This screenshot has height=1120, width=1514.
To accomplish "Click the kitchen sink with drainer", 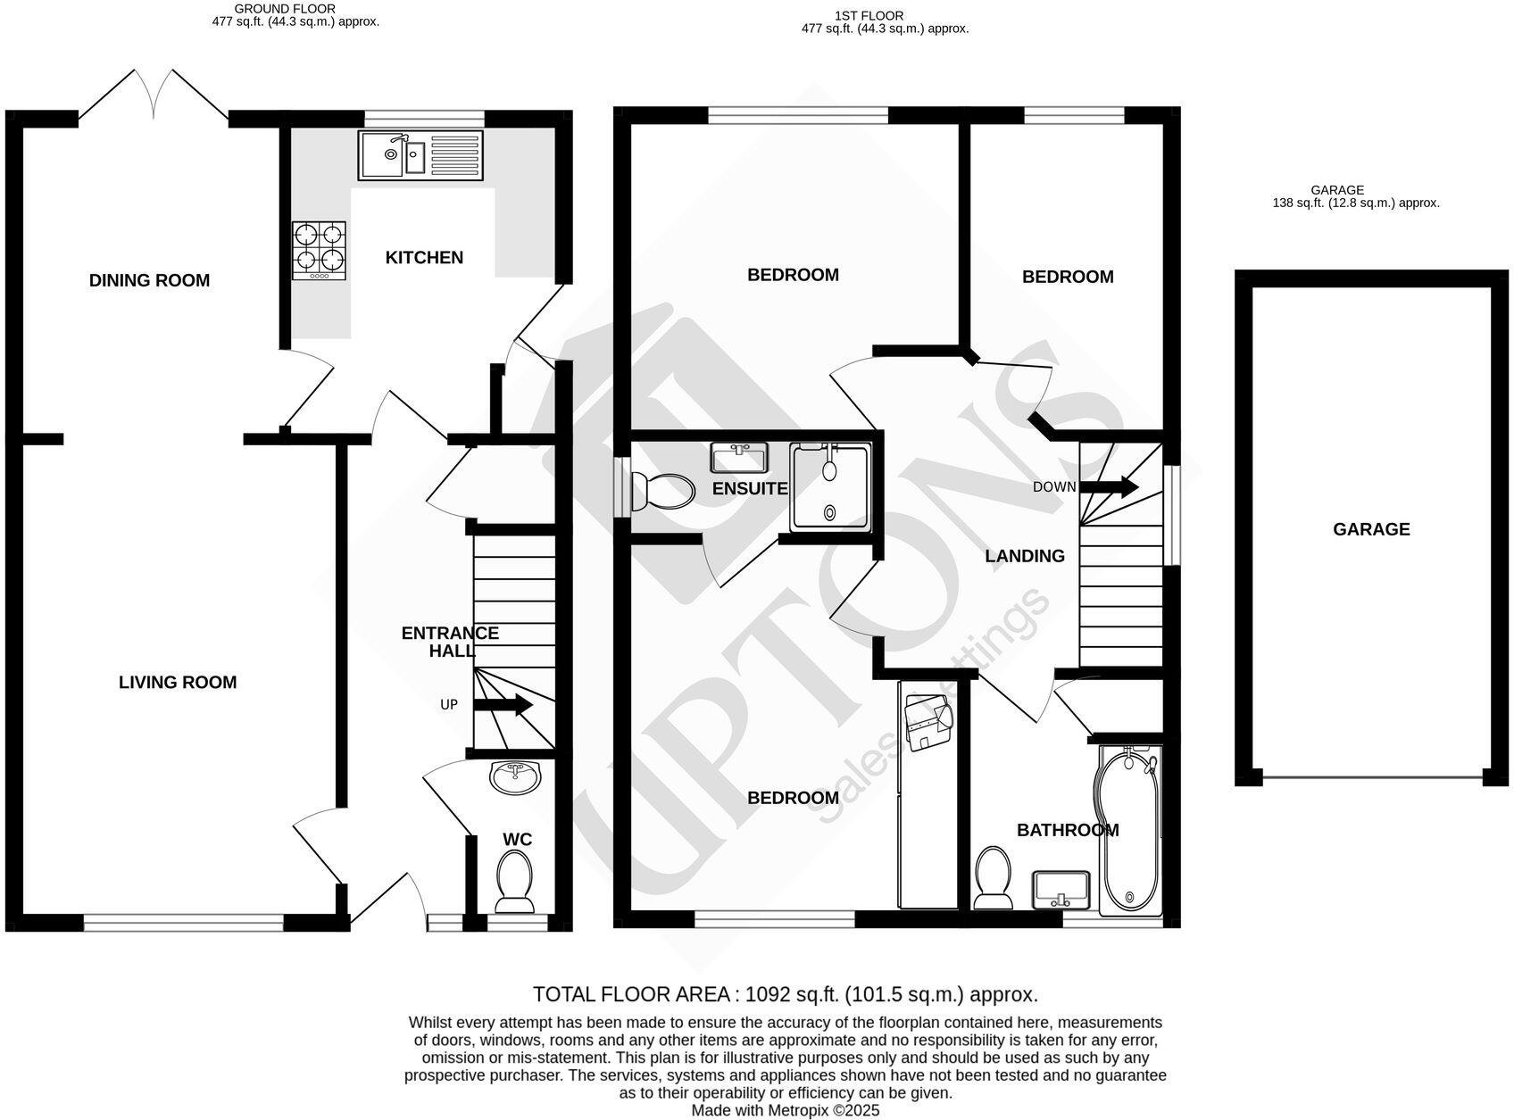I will [x=420, y=155].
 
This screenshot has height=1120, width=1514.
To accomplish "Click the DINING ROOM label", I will [x=149, y=280].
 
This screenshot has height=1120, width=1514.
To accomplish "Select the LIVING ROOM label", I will [x=178, y=683].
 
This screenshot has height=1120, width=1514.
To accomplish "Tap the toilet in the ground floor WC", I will [x=512, y=879].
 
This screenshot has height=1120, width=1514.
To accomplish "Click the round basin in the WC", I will [x=515, y=776].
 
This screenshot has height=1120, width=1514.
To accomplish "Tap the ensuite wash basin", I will [x=739, y=458].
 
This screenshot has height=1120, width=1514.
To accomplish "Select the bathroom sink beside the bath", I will [x=1061, y=889].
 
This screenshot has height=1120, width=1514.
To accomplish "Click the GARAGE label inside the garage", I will [x=1371, y=529].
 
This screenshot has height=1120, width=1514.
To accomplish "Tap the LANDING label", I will [x=1025, y=556].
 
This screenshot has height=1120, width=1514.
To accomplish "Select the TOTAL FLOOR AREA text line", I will [x=785, y=994].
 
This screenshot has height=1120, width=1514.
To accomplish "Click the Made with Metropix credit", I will [x=785, y=1110].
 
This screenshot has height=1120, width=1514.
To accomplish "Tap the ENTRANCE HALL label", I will [x=450, y=642].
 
